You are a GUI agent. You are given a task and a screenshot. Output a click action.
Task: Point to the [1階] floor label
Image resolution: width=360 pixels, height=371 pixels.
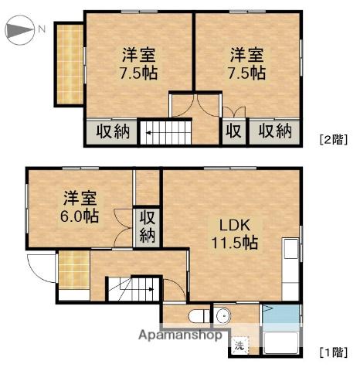tap(333, 352)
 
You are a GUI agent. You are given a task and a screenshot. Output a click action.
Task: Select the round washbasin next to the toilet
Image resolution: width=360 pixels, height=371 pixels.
tap(223, 315)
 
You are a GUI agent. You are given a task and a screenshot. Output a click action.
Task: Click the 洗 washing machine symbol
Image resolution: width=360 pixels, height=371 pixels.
tap(239, 345)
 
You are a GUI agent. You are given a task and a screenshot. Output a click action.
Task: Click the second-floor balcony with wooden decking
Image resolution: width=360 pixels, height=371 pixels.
tap(68, 65)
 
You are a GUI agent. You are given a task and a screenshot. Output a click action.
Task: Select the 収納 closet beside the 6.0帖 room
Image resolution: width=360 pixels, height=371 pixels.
tap(147, 226)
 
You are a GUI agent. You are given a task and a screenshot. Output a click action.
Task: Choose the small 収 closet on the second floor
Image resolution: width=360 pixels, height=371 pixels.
tap(233, 131)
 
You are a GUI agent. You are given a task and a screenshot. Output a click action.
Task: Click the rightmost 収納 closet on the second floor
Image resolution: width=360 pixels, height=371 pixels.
tap(275, 131)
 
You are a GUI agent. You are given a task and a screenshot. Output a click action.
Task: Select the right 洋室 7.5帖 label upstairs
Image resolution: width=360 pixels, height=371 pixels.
tap(246, 64)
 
